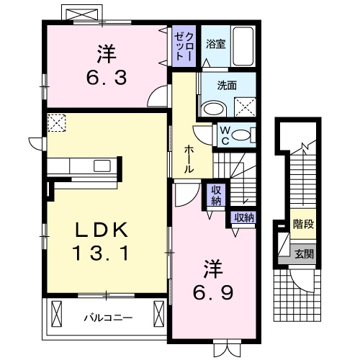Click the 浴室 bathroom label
pyautogui.click(x=216, y=44)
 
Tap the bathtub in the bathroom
pyautogui.click(x=243, y=46)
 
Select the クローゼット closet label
pyautogui.click(x=184, y=46)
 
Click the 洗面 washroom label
pyautogui.click(x=227, y=86)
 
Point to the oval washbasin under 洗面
pyautogui.click(x=214, y=109)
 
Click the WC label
pyautogui.click(x=225, y=136)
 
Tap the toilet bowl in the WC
pyautogui.click(x=241, y=135)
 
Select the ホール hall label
pyautogui.click(x=189, y=159)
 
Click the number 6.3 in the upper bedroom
pyautogui.click(x=107, y=78)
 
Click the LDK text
pyautogui.click(x=101, y=230)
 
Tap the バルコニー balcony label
pyautogui.click(x=108, y=318)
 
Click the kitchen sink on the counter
pyautogui.click(x=102, y=166)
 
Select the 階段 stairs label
pyautogui.click(x=303, y=224)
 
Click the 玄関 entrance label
pyautogui.click(x=304, y=254)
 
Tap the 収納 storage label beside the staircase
pyautogui.click(x=216, y=194)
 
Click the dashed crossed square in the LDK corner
pyautogui.click(x=57, y=123)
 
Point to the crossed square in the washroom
pyautogui.click(x=245, y=107)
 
